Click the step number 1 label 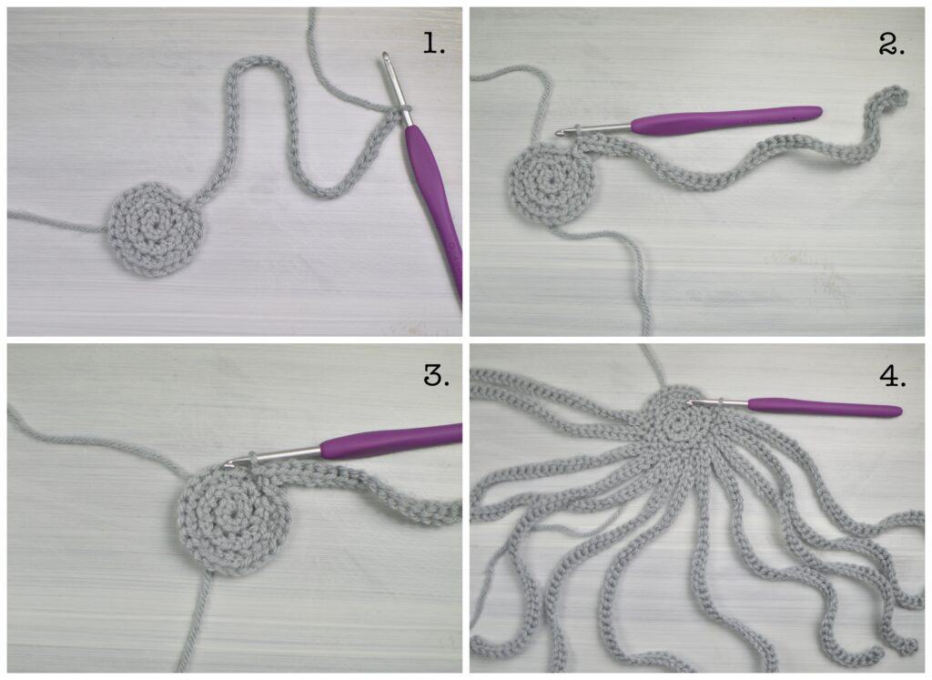(434, 43)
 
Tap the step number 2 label (892, 44)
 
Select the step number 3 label (436, 375)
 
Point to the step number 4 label (893, 376)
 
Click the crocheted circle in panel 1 (155, 228)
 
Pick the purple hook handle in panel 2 (725, 119)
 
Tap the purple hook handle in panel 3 (392, 440)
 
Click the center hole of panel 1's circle (156, 226)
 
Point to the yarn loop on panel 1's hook (404, 109)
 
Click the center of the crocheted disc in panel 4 (677, 424)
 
